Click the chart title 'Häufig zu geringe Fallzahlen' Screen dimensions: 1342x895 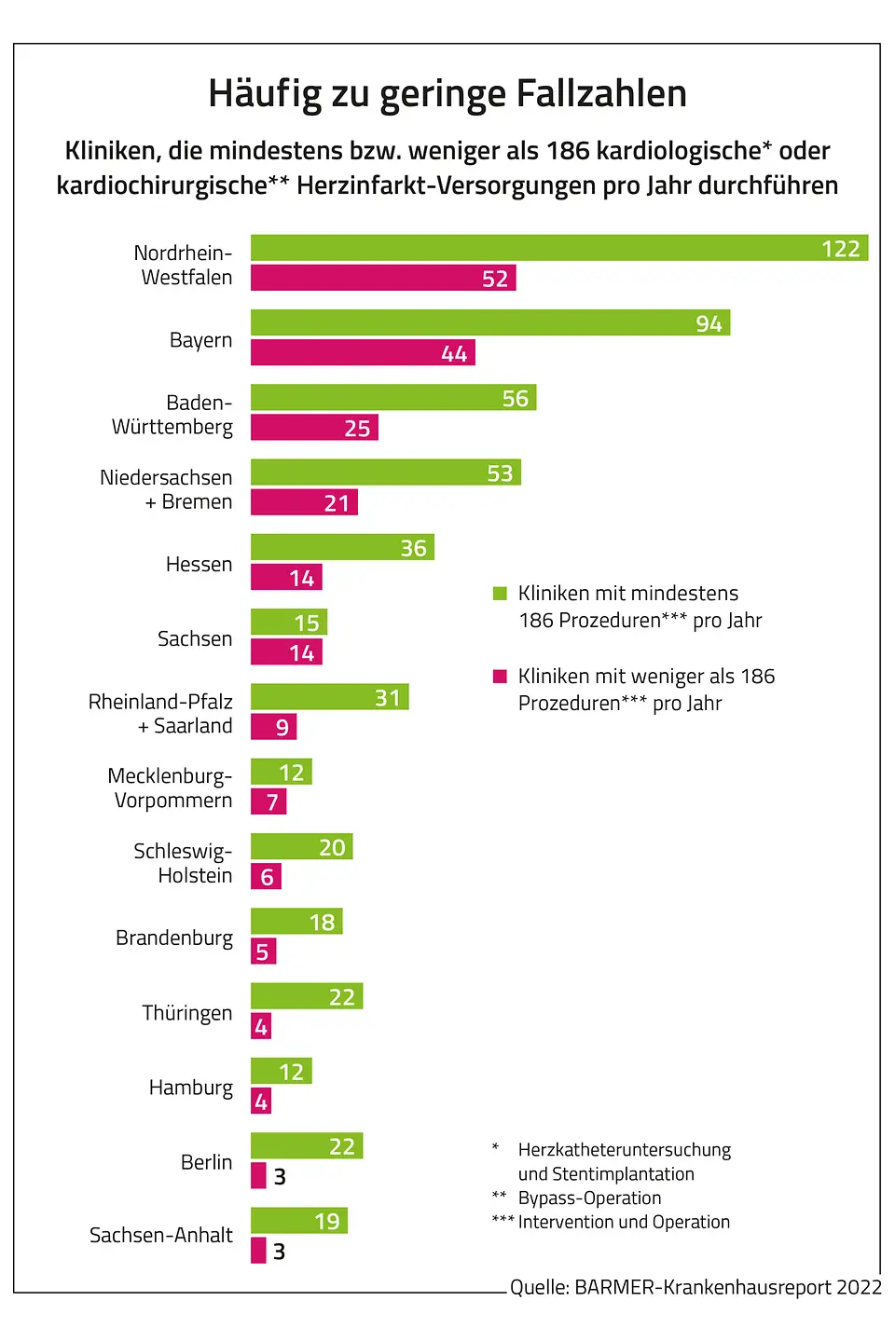(x=447, y=93)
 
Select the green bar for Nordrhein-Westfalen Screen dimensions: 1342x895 (x=559, y=248)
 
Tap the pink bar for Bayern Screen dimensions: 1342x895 (x=363, y=352)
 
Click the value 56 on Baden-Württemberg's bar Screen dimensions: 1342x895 (x=516, y=399)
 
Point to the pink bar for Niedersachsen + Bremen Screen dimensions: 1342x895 (x=304, y=502)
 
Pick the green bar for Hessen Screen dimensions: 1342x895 (x=342, y=547)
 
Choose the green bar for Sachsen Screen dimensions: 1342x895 (x=289, y=622)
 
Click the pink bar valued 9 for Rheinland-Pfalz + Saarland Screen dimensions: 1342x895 (x=273, y=727)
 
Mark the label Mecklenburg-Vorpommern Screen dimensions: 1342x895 (x=171, y=788)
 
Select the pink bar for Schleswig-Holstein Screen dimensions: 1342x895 (x=266, y=876)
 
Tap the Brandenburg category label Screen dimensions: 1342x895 (x=174, y=938)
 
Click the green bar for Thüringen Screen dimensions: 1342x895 (x=307, y=996)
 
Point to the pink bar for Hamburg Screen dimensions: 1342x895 (x=261, y=1102)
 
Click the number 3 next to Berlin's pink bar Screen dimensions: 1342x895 (x=280, y=1177)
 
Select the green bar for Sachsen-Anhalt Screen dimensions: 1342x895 (x=299, y=1221)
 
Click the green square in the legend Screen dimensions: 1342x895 (x=500, y=594)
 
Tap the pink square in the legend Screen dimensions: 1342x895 (x=500, y=677)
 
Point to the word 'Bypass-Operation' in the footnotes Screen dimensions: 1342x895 (x=589, y=1198)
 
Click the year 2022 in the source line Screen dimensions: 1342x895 (x=859, y=1287)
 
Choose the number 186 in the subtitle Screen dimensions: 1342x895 (x=568, y=151)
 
